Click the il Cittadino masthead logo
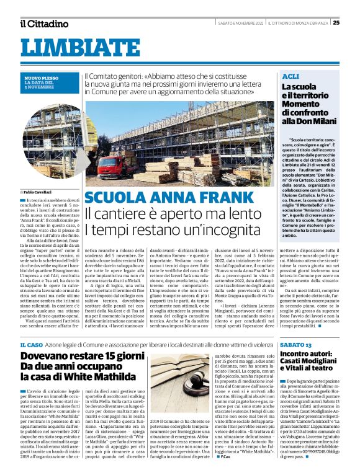(43, 24)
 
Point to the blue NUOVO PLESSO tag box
(50, 82)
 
